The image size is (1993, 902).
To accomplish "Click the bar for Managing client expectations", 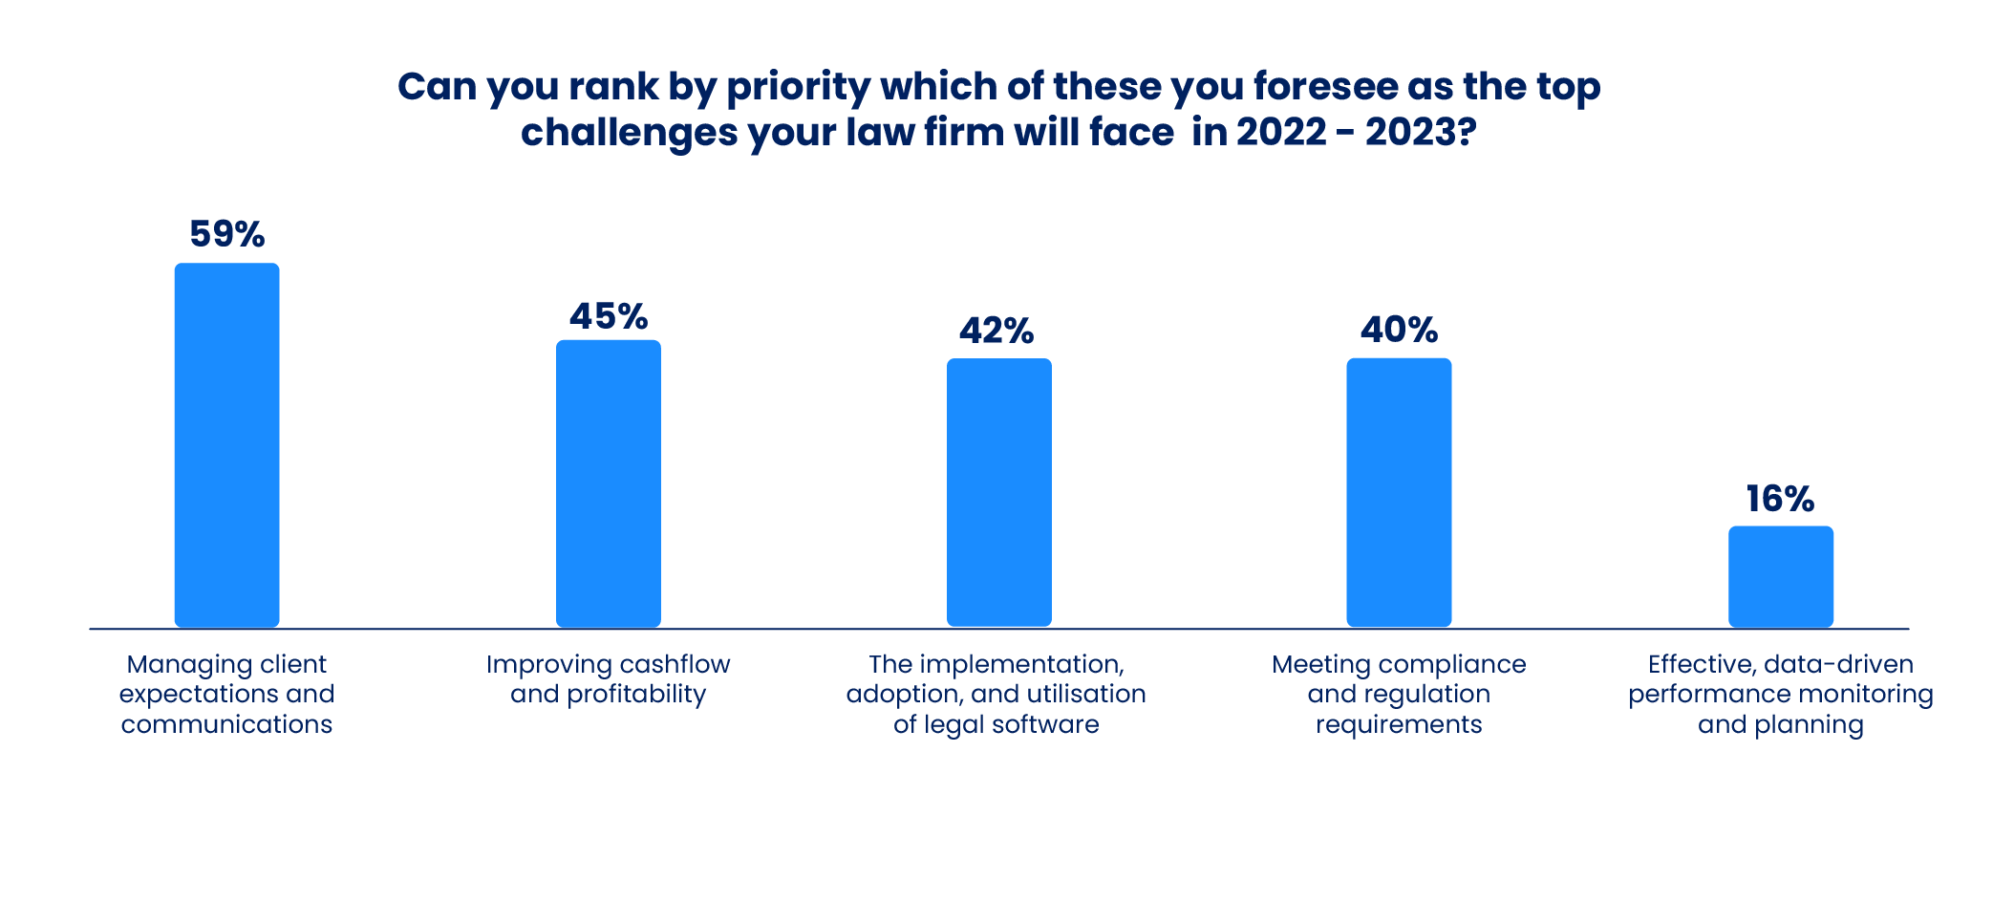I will (226, 444).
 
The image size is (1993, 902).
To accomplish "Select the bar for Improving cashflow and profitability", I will (609, 483).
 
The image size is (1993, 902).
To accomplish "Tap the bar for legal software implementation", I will (998, 492).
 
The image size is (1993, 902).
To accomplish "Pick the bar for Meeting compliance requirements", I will (1399, 492).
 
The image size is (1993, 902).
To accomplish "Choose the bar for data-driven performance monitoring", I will (1781, 576).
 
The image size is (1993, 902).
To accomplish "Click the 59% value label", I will (226, 234).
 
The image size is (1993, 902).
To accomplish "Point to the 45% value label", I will (609, 316).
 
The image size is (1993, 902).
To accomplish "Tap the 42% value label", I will (996, 332).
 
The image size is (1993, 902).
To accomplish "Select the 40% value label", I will (1399, 331).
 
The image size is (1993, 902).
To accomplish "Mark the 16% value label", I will (1780, 499).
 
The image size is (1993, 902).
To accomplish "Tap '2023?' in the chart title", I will (1421, 132).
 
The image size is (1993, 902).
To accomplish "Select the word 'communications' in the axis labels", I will (226, 724).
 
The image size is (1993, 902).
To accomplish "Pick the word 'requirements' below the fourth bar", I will (1399, 725).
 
